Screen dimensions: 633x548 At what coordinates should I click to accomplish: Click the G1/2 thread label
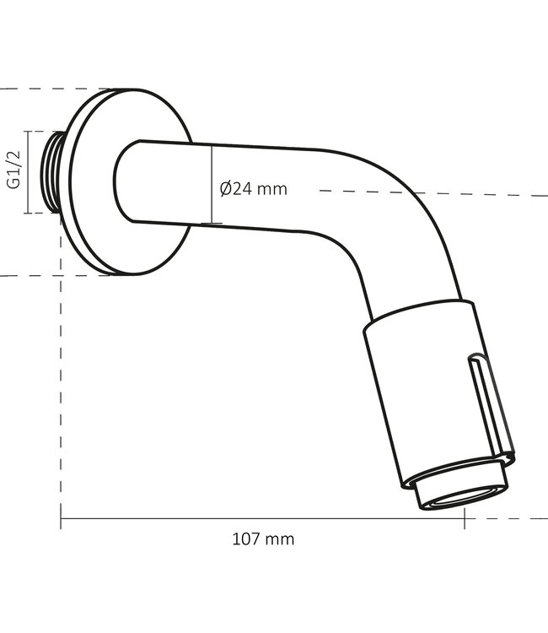(x=13, y=172)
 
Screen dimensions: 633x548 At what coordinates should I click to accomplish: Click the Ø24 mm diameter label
(x=253, y=189)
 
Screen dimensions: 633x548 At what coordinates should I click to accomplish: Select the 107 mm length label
(x=263, y=538)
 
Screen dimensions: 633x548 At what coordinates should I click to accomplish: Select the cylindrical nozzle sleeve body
(x=430, y=397)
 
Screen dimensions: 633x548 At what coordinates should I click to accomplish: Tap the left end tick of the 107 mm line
(x=61, y=518)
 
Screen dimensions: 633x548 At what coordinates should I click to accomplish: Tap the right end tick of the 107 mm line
(x=464, y=518)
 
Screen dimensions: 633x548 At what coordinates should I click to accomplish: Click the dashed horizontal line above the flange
(x=51, y=89)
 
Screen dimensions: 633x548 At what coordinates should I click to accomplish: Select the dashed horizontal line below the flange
(x=51, y=275)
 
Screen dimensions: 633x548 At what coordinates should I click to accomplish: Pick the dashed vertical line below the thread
(x=61, y=371)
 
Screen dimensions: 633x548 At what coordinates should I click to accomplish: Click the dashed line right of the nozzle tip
(x=514, y=518)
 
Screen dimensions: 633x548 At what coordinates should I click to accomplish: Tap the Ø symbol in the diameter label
(x=226, y=189)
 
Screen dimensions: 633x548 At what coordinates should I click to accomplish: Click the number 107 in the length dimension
(x=245, y=538)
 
